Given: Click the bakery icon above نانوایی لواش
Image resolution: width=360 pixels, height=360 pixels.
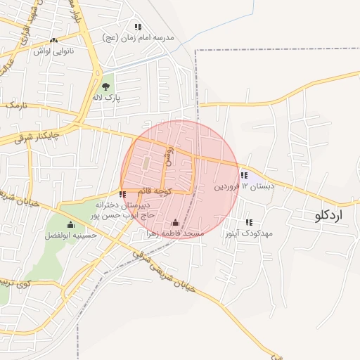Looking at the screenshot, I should [x=54, y=41].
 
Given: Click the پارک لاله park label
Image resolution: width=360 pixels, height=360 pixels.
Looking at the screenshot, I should [x=106, y=97].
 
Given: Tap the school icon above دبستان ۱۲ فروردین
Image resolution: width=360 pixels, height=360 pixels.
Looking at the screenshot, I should [x=244, y=175].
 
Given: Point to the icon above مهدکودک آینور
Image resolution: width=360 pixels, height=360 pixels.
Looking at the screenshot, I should [x=249, y=222].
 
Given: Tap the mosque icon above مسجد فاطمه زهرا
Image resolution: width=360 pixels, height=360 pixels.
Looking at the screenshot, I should [x=175, y=223].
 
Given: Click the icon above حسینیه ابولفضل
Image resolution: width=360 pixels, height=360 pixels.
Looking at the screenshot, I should [x=69, y=225].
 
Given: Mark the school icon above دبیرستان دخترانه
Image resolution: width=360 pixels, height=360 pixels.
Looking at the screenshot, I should [x=123, y=194].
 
